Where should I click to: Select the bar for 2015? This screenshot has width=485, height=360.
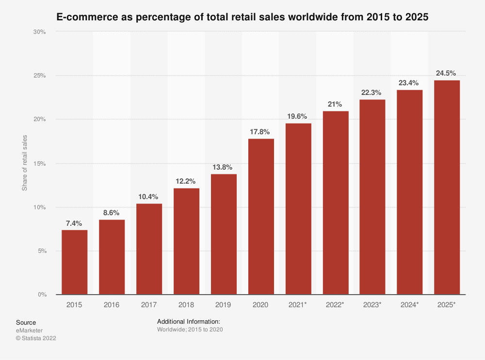pyautogui.click(x=75, y=262)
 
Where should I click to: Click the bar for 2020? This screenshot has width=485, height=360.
pyautogui.click(x=261, y=217)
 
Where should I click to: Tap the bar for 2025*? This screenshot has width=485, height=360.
pyautogui.click(x=447, y=188)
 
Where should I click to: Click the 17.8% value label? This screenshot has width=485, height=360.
pyautogui.click(x=261, y=132)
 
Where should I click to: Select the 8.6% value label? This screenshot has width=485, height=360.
pyautogui.click(x=112, y=212)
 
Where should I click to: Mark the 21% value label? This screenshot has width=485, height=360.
pyautogui.click(x=335, y=104)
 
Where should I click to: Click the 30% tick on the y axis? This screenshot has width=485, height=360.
pyautogui.click(x=40, y=31)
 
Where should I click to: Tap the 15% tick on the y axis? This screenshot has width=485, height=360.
pyautogui.click(x=40, y=163)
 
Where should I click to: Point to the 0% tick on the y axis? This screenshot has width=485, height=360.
pyautogui.click(x=42, y=295)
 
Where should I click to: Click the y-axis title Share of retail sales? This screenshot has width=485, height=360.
pyautogui.click(x=25, y=163)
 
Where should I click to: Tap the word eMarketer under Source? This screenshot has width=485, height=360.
pyautogui.click(x=29, y=330)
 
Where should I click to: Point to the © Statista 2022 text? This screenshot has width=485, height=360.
pyautogui.click(x=36, y=338)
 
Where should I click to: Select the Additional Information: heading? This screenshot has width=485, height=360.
pyautogui.click(x=189, y=322)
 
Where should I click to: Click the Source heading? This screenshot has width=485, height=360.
pyautogui.click(x=26, y=322)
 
